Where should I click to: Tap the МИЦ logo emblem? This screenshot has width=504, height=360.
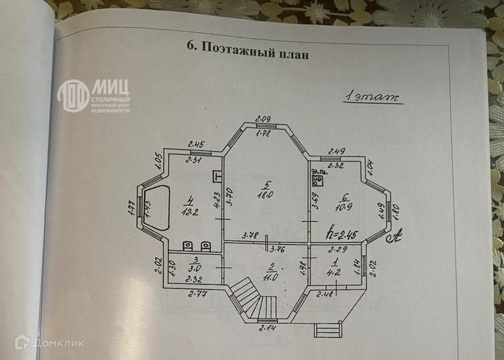pyautogui.click(x=72, y=95)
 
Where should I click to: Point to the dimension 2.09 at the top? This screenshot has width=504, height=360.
pyautogui.click(x=263, y=118)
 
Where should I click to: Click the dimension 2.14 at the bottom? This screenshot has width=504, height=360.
pyautogui.click(x=267, y=327)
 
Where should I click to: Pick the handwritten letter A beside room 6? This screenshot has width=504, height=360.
pyautogui.click(x=396, y=233)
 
